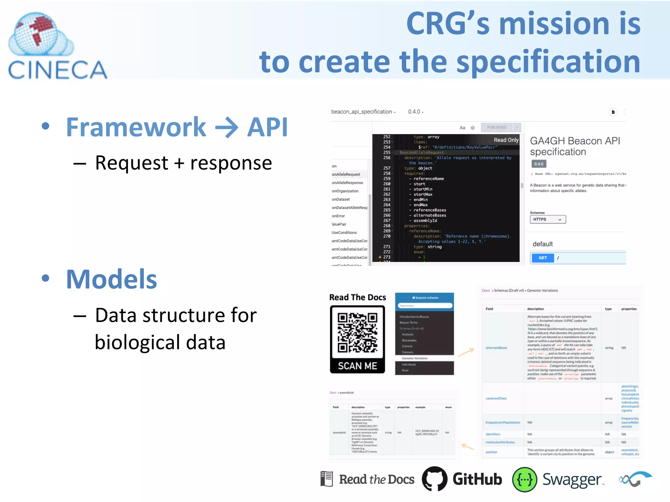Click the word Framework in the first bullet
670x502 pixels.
136,127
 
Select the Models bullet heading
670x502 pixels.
111,279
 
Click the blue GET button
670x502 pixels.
542,258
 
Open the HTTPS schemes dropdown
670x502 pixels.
547,219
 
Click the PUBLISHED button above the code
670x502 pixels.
496,127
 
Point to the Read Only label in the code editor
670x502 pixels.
506,140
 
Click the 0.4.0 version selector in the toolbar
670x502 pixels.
415,112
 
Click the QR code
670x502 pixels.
357,332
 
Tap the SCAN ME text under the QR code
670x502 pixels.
357,366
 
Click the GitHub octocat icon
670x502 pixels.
434,479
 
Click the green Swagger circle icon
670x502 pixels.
524,479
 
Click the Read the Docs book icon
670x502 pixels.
326,479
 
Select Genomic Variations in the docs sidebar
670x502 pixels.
414,358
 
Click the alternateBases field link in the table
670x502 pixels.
496,348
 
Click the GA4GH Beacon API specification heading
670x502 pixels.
574,146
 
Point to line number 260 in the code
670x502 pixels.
387,184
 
